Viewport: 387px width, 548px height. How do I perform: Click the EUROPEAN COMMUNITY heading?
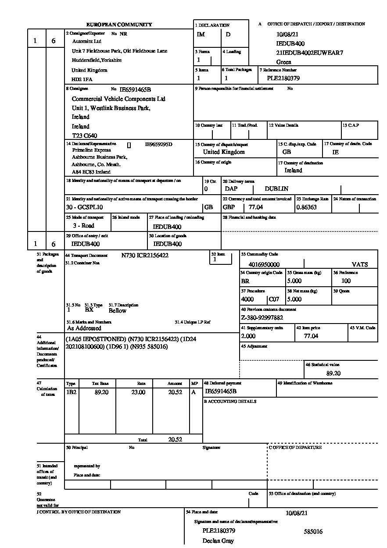(119, 25)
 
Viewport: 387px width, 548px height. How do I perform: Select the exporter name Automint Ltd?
(86, 41)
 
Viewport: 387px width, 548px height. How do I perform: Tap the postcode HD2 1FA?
(82, 80)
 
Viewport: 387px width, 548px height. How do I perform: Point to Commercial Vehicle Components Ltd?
(118, 99)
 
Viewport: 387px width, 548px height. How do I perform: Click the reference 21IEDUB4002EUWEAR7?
(309, 53)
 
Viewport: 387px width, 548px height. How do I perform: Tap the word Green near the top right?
(283, 62)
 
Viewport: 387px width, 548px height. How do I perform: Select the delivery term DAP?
(231, 189)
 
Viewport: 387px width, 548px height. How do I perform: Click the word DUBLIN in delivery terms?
(276, 189)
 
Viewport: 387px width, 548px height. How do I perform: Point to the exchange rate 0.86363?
(306, 207)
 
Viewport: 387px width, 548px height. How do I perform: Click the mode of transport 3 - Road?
(83, 226)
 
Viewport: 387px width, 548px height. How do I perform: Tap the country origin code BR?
(245, 281)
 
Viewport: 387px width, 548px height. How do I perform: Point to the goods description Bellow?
(118, 311)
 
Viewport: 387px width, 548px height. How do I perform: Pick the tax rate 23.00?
(138, 392)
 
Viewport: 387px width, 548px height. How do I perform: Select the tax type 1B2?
(71, 392)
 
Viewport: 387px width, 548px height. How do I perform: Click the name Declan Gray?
(218, 541)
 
